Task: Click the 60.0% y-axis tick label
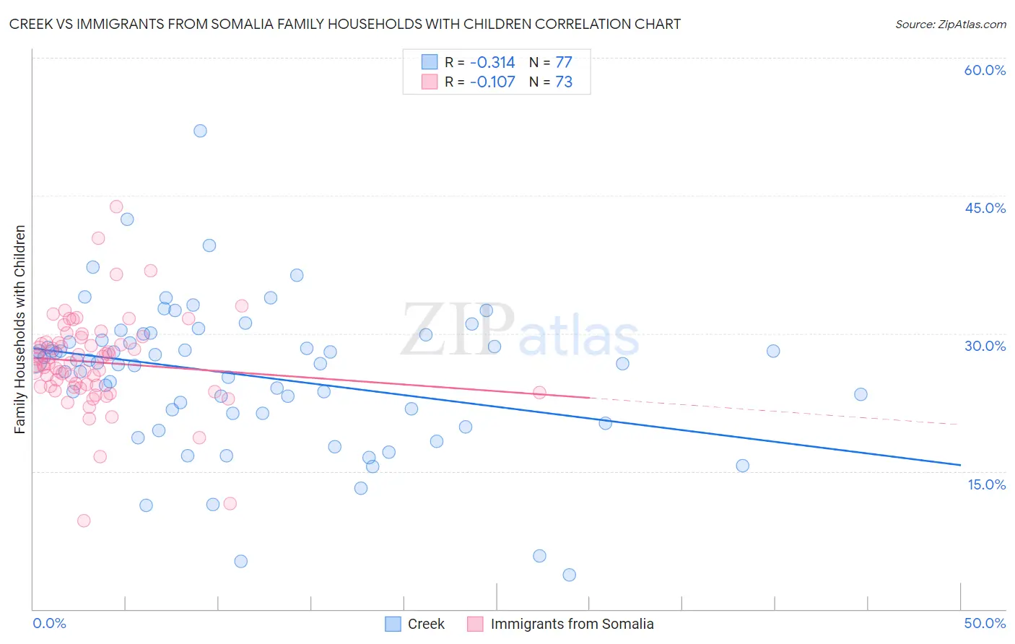click(985, 70)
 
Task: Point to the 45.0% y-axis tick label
click(985, 208)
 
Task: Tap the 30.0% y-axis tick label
click(985, 346)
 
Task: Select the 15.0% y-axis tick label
click(986, 484)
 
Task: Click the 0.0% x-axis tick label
click(49, 623)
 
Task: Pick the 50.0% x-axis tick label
click(985, 623)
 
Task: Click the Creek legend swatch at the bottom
click(393, 624)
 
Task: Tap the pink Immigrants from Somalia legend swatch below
click(475, 624)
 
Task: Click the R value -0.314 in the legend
click(492, 62)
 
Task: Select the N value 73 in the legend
click(564, 82)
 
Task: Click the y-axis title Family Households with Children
click(20, 329)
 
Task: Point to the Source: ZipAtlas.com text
click(950, 25)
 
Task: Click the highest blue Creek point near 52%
click(200, 131)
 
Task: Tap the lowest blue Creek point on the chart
click(569, 575)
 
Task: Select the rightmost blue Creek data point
click(861, 394)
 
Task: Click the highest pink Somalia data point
click(116, 206)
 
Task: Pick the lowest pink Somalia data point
click(84, 521)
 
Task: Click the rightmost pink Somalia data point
click(539, 393)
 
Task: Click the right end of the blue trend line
click(960, 465)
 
